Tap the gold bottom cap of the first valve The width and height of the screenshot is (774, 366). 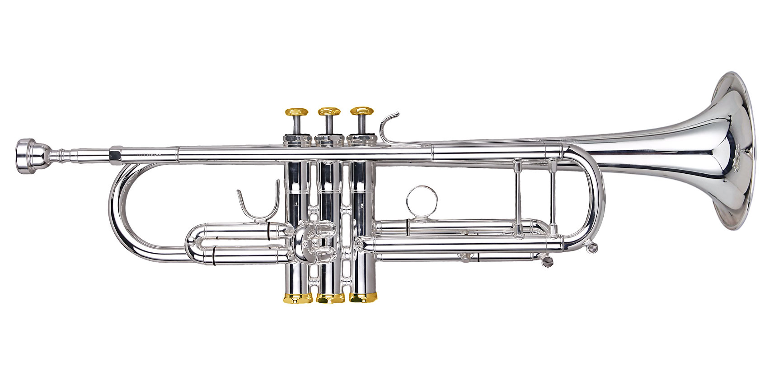pyautogui.click(x=298, y=298)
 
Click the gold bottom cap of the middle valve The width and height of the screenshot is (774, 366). pyautogui.click(x=330, y=298)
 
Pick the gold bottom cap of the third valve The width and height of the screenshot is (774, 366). pyautogui.click(x=363, y=298)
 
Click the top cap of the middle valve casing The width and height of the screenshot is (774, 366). pyautogui.click(x=329, y=139)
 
